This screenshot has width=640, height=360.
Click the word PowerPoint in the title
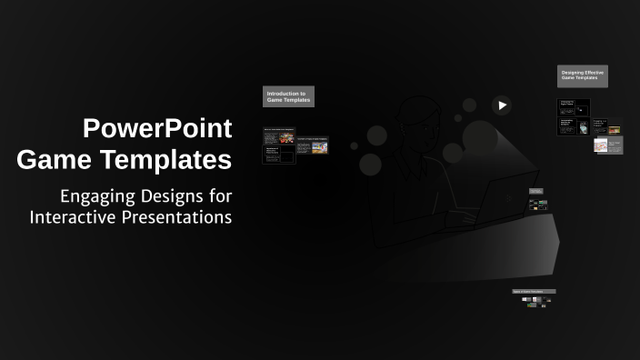point(157,128)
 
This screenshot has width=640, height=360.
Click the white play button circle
point(501,105)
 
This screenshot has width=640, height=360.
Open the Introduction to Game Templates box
point(288,96)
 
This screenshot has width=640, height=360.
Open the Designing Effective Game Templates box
point(582,76)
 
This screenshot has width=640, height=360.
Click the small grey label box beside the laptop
point(536,191)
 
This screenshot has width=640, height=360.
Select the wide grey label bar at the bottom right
point(534,292)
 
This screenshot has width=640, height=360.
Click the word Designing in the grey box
point(573,72)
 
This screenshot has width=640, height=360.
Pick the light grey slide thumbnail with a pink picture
point(608,145)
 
